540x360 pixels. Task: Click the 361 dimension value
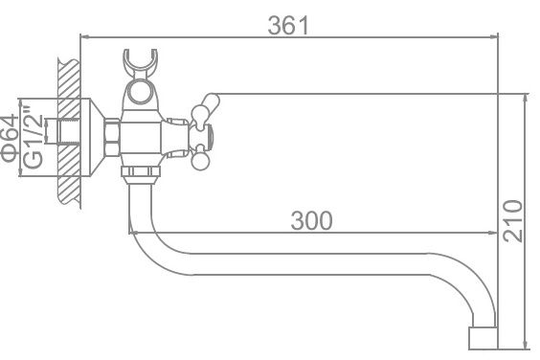(288, 26)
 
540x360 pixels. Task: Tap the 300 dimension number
(312, 221)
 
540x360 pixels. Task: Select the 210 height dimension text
(513, 221)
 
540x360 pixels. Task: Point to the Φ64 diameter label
(10, 138)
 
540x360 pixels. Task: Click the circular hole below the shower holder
(140, 91)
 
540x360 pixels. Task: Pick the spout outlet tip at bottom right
(483, 338)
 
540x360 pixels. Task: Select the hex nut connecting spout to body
(141, 172)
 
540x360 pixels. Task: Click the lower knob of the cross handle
(199, 161)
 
